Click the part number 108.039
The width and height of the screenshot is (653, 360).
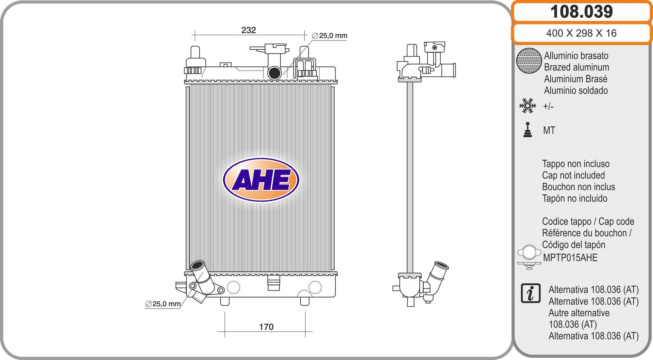click(581, 12)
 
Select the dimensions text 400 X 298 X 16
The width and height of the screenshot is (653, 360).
click(581, 33)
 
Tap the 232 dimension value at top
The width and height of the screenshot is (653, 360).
click(248, 30)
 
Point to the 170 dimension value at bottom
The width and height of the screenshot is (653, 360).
click(266, 327)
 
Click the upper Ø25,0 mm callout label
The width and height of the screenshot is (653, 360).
click(330, 36)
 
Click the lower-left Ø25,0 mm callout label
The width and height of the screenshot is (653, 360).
click(163, 304)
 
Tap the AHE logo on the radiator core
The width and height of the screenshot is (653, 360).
click(261, 180)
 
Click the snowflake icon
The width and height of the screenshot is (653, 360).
click(527, 106)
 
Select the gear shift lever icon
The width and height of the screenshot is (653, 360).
click(528, 130)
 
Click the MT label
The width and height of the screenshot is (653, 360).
click(549, 130)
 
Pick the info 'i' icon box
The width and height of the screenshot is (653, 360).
click(530, 293)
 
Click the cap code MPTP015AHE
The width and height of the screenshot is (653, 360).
click(570, 258)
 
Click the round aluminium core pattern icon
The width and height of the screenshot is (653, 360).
click(529, 61)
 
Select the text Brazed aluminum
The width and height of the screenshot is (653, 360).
click(576, 67)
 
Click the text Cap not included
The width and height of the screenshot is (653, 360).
click(573, 175)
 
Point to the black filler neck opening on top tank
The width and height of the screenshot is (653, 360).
click(274, 73)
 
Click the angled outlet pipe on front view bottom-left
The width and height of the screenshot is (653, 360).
click(202, 279)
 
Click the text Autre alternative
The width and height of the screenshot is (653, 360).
click(579, 313)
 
